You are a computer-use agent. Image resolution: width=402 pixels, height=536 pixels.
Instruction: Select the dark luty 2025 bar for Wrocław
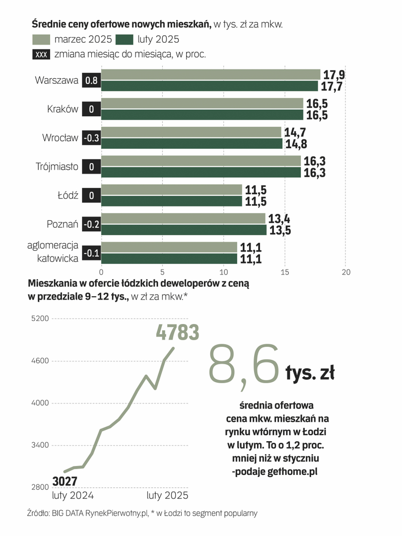[x=192, y=143]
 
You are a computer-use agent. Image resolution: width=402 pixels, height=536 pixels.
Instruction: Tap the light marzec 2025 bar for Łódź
[x=171, y=190]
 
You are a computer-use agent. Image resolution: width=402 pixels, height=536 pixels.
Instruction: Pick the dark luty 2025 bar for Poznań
[x=184, y=230]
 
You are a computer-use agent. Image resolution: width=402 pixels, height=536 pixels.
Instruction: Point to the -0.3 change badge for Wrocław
[x=91, y=138]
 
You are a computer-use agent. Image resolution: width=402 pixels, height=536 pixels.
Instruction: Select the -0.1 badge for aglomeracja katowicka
[x=91, y=253]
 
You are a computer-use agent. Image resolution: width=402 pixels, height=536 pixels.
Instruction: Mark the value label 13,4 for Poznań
[x=279, y=219]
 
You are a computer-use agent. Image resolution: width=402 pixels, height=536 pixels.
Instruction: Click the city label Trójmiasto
[x=57, y=167]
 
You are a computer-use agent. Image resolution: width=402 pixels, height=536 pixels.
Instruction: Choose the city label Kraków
[x=63, y=109]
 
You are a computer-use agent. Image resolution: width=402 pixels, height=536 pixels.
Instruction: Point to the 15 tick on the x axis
[x=285, y=272]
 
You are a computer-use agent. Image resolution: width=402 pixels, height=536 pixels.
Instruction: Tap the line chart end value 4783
[x=177, y=332]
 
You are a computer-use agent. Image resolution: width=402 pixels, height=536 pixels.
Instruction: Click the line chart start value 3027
[x=64, y=481]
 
